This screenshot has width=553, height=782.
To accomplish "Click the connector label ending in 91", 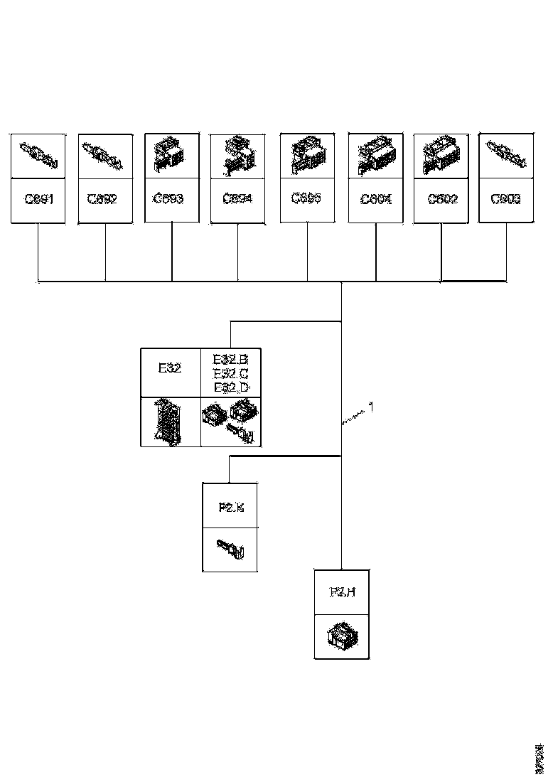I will pos(39,200).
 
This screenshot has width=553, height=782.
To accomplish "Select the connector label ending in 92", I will pos(105,200).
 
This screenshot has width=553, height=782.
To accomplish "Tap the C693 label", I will pos(171,199).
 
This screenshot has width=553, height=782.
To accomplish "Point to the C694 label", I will pos(237,200).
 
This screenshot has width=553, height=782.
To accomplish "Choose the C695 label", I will pos(307,198).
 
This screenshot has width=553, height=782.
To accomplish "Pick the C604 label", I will pos(376,200).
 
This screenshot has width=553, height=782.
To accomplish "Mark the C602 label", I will pos(442,200).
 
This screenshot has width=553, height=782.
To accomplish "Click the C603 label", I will pos(506,199).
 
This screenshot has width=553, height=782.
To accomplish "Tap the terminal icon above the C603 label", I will pos(506,154).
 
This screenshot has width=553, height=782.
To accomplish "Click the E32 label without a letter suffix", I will pos(170,368).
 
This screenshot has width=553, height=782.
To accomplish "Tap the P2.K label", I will pos(230,507).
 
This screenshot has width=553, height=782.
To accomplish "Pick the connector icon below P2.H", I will pos(342,635).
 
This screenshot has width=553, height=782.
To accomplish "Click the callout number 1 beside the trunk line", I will pos(370,409).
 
